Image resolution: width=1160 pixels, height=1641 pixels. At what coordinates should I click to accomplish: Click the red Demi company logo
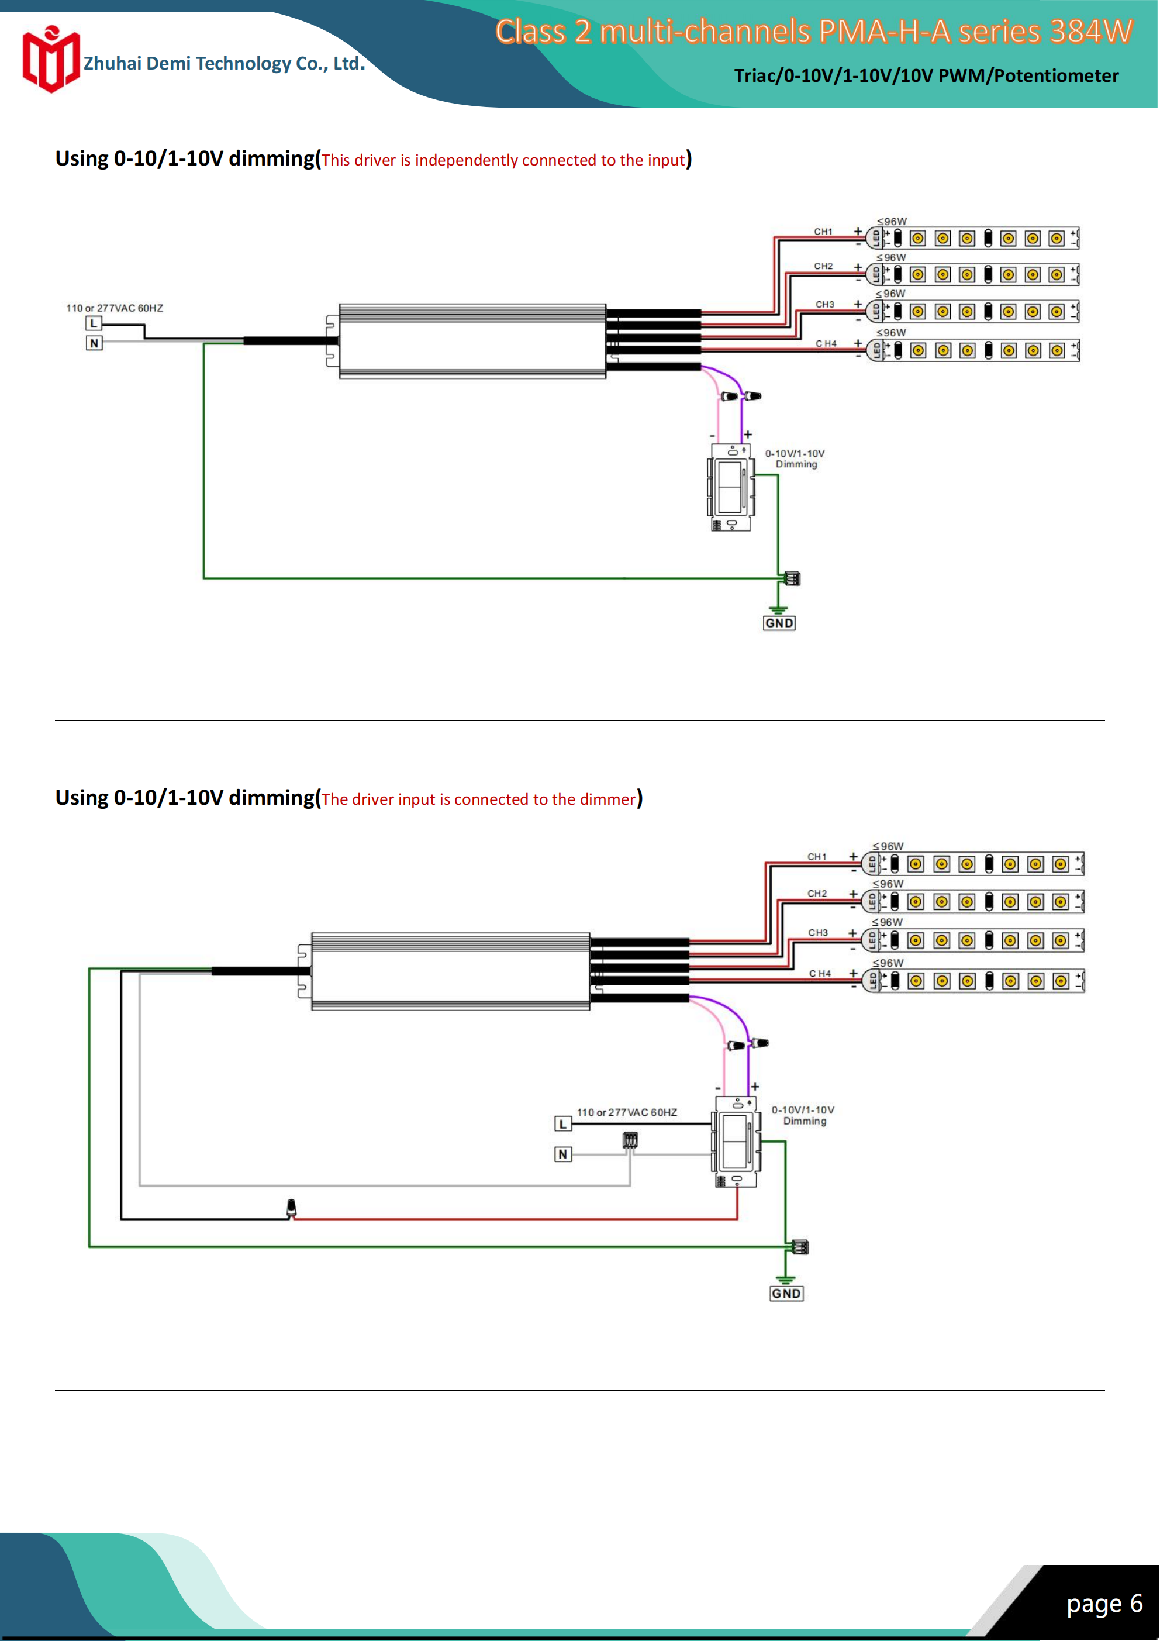click(50, 60)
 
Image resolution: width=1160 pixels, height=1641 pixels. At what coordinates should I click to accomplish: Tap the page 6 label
click(1104, 1603)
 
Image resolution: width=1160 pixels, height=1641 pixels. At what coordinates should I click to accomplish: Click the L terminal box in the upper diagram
click(94, 324)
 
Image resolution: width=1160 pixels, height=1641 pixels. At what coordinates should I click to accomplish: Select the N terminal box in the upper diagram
click(94, 343)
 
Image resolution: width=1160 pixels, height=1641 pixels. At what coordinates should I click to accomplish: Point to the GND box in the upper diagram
click(779, 623)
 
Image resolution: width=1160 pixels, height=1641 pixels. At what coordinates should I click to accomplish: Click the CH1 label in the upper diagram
click(823, 232)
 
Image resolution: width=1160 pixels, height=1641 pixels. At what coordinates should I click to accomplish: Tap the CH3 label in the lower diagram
click(817, 933)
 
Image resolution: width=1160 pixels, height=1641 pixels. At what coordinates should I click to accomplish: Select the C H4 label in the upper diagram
click(826, 344)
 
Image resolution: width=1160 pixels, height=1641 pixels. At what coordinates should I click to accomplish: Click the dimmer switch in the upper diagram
click(730, 487)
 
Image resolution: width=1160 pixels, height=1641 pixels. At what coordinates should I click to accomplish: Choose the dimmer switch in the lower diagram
click(736, 1142)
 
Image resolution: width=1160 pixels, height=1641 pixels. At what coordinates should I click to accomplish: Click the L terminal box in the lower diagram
click(563, 1124)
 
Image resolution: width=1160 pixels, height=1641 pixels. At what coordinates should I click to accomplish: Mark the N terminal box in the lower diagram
click(563, 1154)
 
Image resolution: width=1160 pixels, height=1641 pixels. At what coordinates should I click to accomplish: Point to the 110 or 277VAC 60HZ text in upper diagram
click(115, 308)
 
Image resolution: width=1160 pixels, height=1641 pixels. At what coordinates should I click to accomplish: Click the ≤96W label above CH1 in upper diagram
click(892, 222)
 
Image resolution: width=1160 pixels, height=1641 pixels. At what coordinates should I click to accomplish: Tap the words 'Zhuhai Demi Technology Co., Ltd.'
click(224, 64)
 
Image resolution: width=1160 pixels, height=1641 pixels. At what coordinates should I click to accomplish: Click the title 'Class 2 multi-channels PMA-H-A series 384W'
click(813, 32)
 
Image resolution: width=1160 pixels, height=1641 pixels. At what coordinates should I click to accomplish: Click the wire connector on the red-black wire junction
click(291, 1208)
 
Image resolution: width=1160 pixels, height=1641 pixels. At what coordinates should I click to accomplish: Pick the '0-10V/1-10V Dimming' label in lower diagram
click(803, 1115)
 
